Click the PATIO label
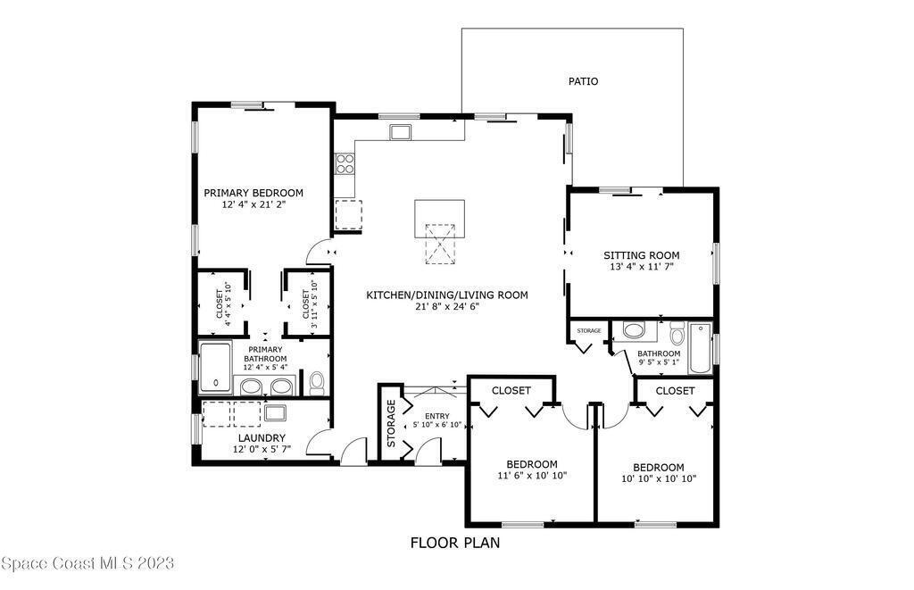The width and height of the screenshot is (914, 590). pos(583,81)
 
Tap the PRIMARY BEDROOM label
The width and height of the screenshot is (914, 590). pos(253,193)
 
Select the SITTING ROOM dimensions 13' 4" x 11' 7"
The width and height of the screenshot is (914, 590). pos(641,266)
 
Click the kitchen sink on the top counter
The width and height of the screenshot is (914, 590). pos(401,132)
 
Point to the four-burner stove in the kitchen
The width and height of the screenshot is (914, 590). pos(345,163)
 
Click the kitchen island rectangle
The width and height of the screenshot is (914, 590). pos(439,219)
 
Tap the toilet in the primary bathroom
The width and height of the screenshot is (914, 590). pos(317,382)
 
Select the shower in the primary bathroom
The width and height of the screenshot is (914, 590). pos(215,367)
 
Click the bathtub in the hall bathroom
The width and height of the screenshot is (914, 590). pos(701,348)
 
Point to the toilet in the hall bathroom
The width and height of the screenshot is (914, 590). pos(677,334)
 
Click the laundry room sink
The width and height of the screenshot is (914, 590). pos(275,412)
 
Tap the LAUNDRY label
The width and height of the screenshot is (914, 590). pos(262,438)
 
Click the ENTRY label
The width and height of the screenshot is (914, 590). pos(437,416)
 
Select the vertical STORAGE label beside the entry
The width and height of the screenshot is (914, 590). pos(391,423)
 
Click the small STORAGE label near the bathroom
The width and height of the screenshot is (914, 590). pos(589,330)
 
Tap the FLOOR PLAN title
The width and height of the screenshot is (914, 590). pos(455,543)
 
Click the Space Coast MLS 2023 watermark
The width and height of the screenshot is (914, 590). pos(87,563)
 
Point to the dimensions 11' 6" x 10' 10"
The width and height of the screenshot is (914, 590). pos(532,475)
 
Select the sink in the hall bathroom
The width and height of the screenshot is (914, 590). pos(634,330)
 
